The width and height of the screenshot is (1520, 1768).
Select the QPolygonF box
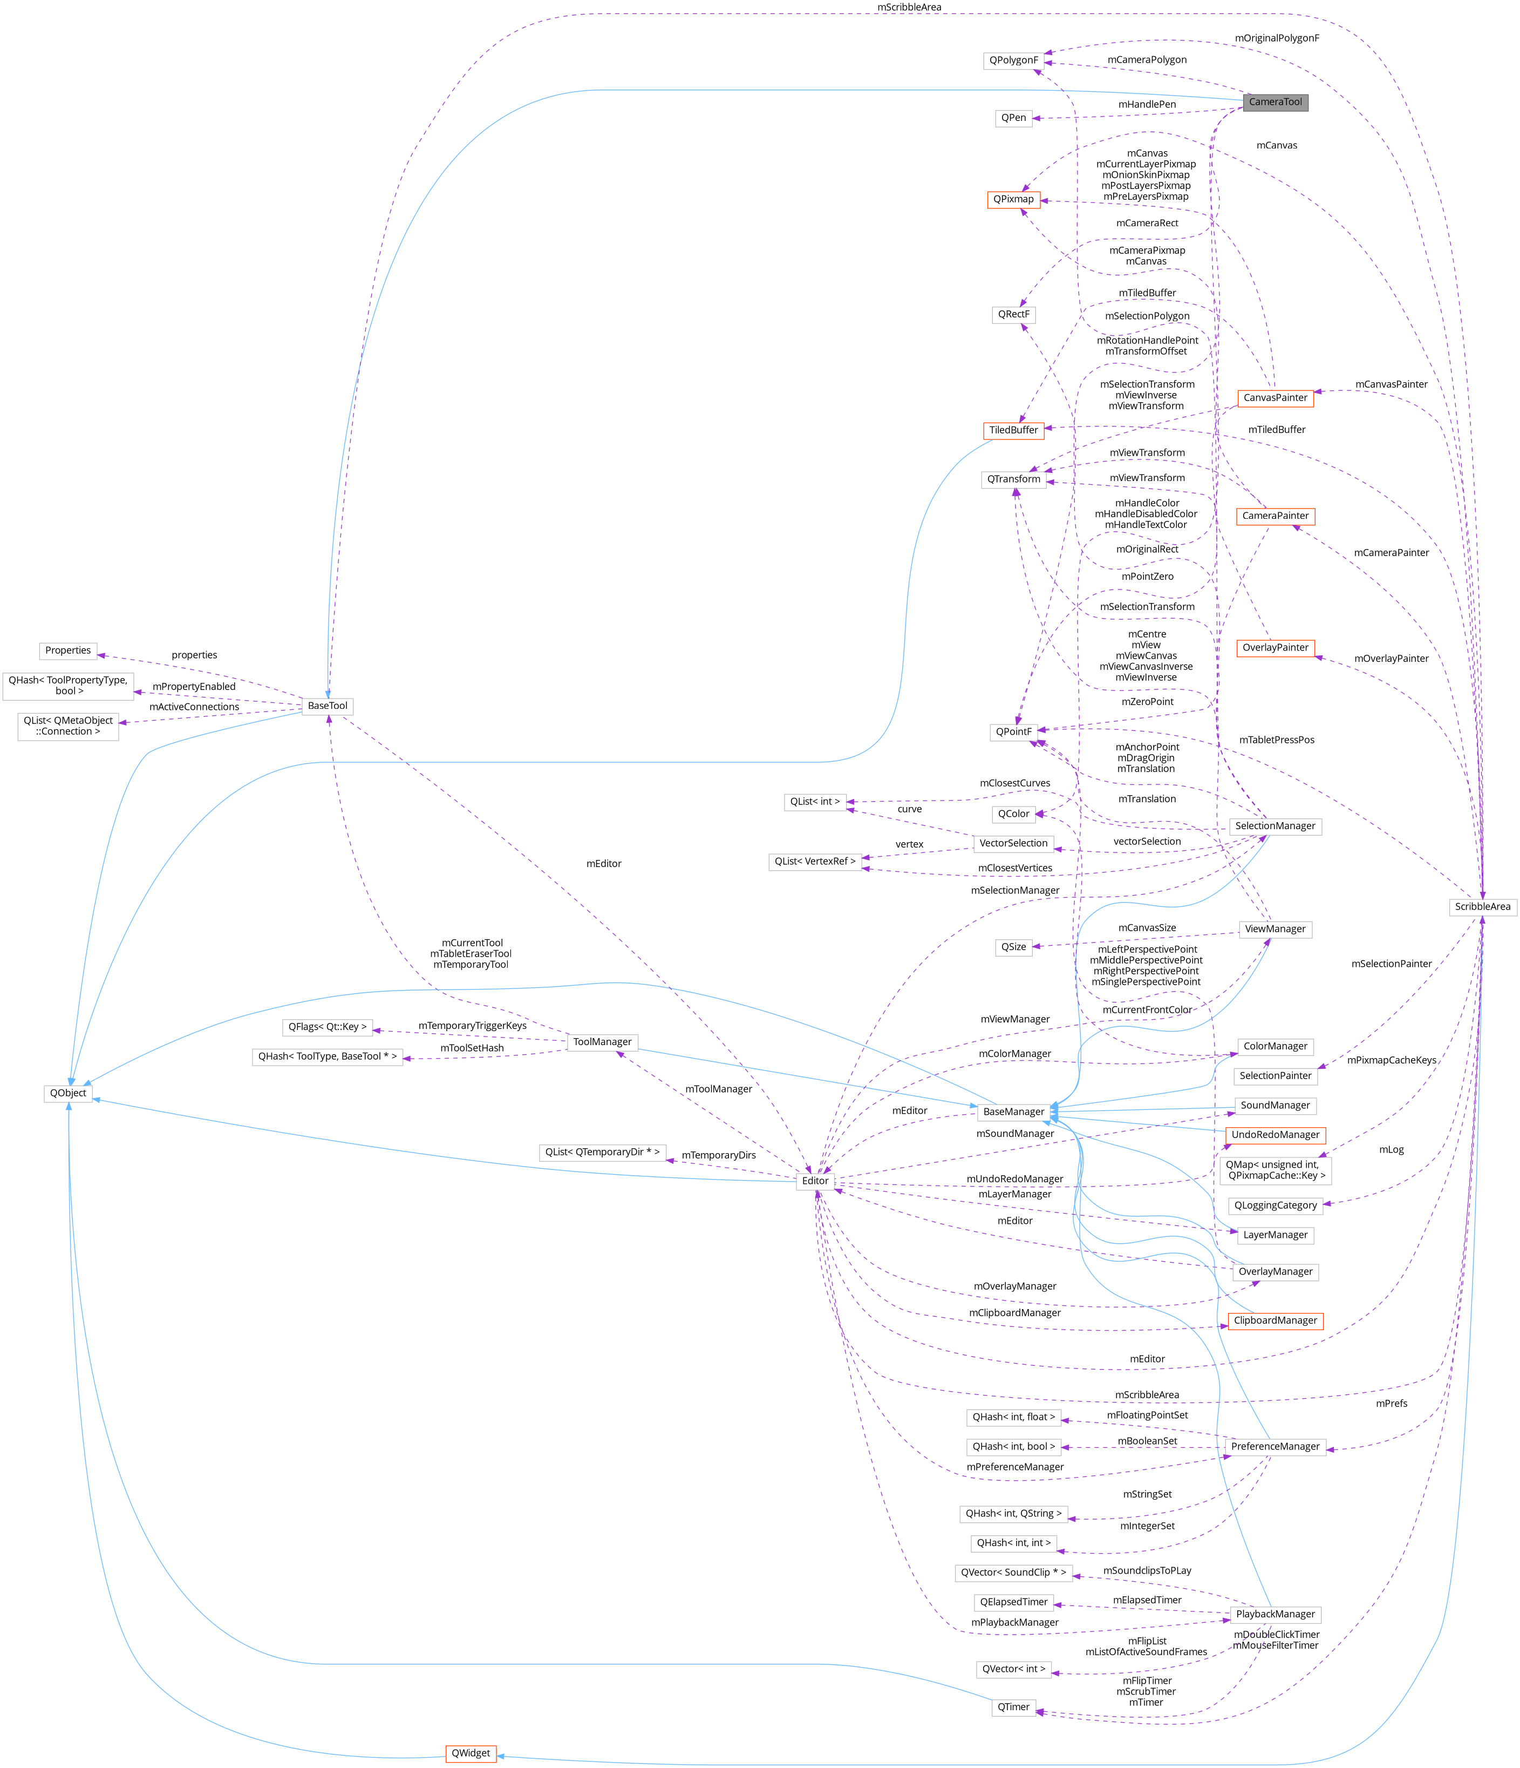(1013, 60)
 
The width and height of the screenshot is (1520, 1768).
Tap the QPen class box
(1013, 118)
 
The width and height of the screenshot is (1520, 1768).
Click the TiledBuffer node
(1013, 430)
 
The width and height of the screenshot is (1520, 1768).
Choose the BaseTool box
(328, 706)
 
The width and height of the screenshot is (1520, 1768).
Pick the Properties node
(68, 650)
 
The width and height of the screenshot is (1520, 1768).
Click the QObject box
(68, 1093)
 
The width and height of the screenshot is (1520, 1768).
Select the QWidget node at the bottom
(471, 1753)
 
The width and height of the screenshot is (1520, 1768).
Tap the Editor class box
(815, 1181)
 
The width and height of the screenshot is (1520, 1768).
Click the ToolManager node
(602, 1042)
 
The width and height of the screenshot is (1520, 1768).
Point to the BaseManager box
(1013, 1112)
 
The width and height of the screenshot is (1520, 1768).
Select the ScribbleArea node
(1482, 906)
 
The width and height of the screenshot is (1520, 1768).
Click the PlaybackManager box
(1275, 1614)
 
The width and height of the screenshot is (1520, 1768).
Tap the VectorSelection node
(1013, 843)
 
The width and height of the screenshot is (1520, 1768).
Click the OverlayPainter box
(1275, 648)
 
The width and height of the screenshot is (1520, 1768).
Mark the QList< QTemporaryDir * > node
(602, 1152)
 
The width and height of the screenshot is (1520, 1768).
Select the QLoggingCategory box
(1275, 1205)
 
